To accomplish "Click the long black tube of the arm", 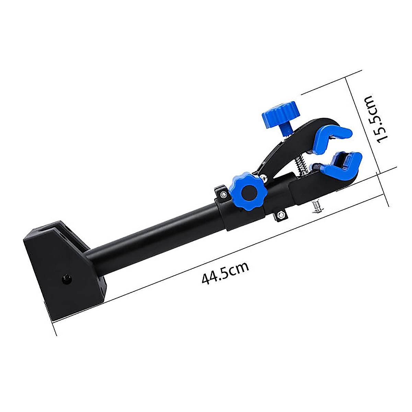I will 154,233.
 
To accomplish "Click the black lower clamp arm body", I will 302,187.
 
